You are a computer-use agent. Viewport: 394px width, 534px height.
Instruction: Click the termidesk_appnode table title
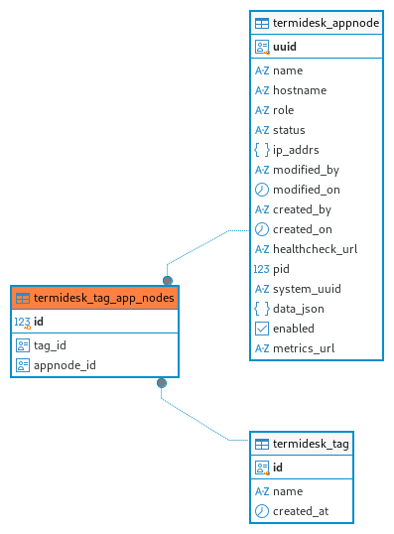pos(326,23)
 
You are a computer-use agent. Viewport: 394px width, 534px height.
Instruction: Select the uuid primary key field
pos(285,47)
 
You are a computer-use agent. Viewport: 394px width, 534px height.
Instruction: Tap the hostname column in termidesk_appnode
pos(300,90)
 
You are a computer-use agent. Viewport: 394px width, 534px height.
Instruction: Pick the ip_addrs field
pos(296,150)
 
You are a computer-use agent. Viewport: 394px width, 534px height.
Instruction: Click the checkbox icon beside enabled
pos(262,329)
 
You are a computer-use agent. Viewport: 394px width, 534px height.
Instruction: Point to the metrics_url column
pos(304,348)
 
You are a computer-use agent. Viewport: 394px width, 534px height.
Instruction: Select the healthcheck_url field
pos(315,249)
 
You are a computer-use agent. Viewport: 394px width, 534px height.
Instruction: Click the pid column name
pos(281,269)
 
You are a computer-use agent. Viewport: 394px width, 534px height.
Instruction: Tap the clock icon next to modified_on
pos(262,190)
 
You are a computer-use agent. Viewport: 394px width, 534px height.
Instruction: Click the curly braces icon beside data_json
pos(262,309)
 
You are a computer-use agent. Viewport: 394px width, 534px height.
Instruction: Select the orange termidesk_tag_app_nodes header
pos(94,298)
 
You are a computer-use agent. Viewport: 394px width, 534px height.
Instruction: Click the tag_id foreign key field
pos(50,345)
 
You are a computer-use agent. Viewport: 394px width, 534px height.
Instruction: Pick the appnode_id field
pos(65,365)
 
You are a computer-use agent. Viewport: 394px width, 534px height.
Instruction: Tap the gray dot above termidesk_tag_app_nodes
pos(168,281)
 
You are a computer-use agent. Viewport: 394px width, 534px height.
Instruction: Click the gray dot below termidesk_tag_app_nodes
pos(162,383)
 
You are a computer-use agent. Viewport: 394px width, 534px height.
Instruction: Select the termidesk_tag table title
pos(311,444)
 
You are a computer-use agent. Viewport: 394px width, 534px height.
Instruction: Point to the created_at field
pos(301,511)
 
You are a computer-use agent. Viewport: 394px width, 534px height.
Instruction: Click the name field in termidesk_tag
pos(288,491)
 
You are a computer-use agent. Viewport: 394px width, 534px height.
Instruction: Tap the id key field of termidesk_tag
pos(278,467)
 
